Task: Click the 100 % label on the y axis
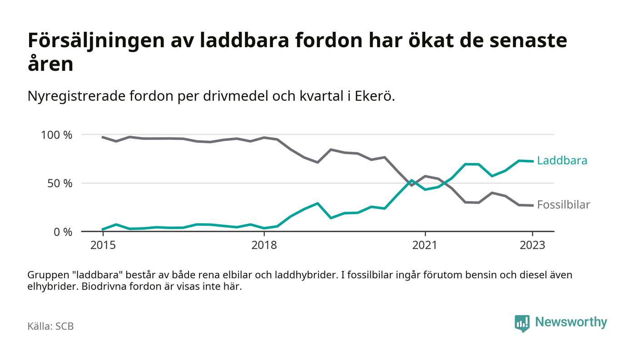pyautogui.click(x=56, y=135)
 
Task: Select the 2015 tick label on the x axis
pyautogui.click(x=103, y=246)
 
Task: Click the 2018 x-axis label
pyautogui.click(x=264, y=246)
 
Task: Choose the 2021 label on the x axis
pyautogui.click(x=425, y=246)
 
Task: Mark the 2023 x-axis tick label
pyautogui.click(x=532, y=246)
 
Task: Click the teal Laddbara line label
pyautogui.click(x=562, y=161)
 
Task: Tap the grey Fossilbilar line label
pyautogui.click(x=563, y=205)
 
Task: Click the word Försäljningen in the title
pyautogui.click(x=95, y=41)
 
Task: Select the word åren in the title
pyautogui.click(x=50, y=64)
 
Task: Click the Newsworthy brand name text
pyautogui.click(x=571, y=322)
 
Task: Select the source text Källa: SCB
pyautogui.click(x=50, y=326)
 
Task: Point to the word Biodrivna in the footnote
pyautogui.click(x=102, y=287)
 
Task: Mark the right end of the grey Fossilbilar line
pyautogui.click(x=532, y=206)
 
